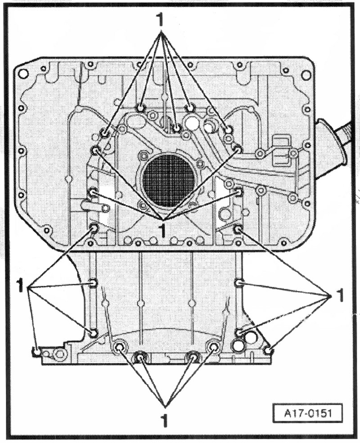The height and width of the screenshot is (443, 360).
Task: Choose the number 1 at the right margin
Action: pyautogui.click(x=341, y=295)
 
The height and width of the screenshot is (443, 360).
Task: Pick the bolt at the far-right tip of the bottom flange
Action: pyautogui.click(x=268, y=350)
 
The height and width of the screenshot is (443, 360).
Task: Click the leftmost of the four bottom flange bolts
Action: pyautogui.click(x=120, y=347)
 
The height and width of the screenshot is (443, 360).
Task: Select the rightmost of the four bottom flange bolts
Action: pyautogui.click(x=213, y=347)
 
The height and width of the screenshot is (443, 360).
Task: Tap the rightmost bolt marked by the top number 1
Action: pyautogui.click(x=229, y=130)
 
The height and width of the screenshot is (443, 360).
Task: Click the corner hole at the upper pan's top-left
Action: pyautogui.click(x=23, y=73)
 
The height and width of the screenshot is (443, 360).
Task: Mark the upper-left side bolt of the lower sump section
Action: pyautogui.click(x=93, y=283)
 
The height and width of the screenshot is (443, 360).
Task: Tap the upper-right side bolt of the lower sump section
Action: pyautogui.click(x=239, y=283)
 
